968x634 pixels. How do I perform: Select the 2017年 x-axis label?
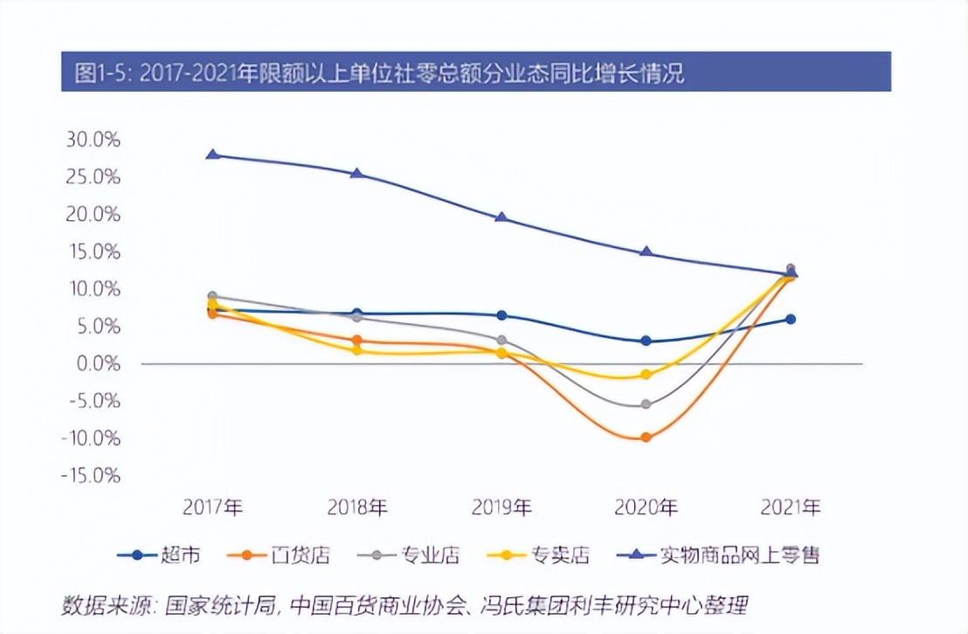[x=212, y=507]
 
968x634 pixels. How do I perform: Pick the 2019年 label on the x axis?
[x=501, y=507]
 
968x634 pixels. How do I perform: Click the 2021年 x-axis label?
[x=791, y=507]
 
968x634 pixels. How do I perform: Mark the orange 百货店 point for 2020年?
[x=646, y=437]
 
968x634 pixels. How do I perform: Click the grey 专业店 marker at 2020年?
[x=646, y=404]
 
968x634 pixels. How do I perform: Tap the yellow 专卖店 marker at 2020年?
[x=646, y=375]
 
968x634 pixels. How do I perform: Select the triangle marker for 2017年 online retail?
[x=212, y=155]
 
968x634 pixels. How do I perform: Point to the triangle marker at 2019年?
[x=501, y=217]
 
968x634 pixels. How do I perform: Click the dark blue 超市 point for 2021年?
[x=791, y=320]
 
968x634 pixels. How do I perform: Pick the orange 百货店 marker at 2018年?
[x=356, y=341]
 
